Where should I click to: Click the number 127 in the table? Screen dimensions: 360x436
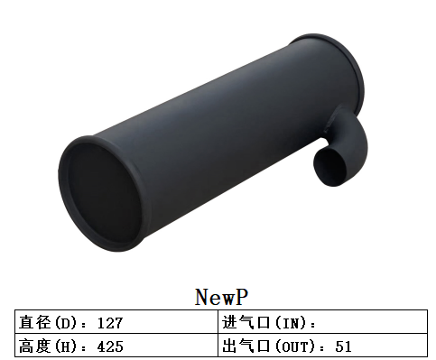(107, 322)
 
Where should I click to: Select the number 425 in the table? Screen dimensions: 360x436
(107, 346)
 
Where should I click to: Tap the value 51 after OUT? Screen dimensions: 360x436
(343, 346)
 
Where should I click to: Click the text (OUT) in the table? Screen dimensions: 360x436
(295, 346)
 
